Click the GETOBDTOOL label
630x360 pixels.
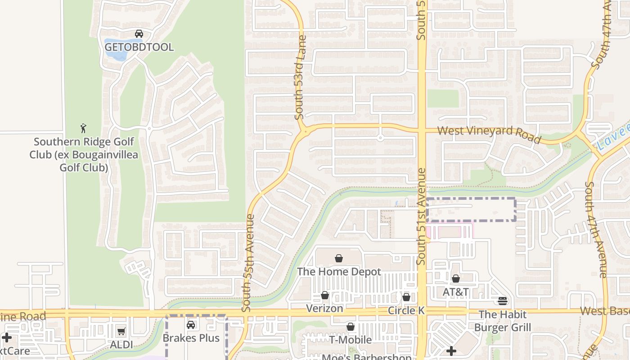click(x=139, y=47)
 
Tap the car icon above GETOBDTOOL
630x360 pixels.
click(x=139, y=34)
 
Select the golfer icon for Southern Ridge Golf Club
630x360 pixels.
click(x=83, y=128)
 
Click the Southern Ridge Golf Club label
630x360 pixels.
click(x=84, y=155)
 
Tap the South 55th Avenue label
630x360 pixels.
click(x=248, y=263)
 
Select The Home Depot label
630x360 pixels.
click(x=339, y=272)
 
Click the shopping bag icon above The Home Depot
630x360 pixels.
click(x=339, y=258)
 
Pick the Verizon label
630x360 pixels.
click(x=324, y=309)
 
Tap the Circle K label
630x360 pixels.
click(x=406, y=310)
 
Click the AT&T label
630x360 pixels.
click(x=456, y=292)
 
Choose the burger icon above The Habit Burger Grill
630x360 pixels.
click(x=503, y=301)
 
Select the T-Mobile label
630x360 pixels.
click(x=351, y=340)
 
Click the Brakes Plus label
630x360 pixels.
click(x=191, y=338)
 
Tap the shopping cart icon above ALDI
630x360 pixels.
click(x=121, y=332)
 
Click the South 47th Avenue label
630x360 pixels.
click(x=603, y=229)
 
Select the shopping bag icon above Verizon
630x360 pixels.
click(x=324, y=295)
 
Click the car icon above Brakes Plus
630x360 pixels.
click(x=191, y=324)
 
